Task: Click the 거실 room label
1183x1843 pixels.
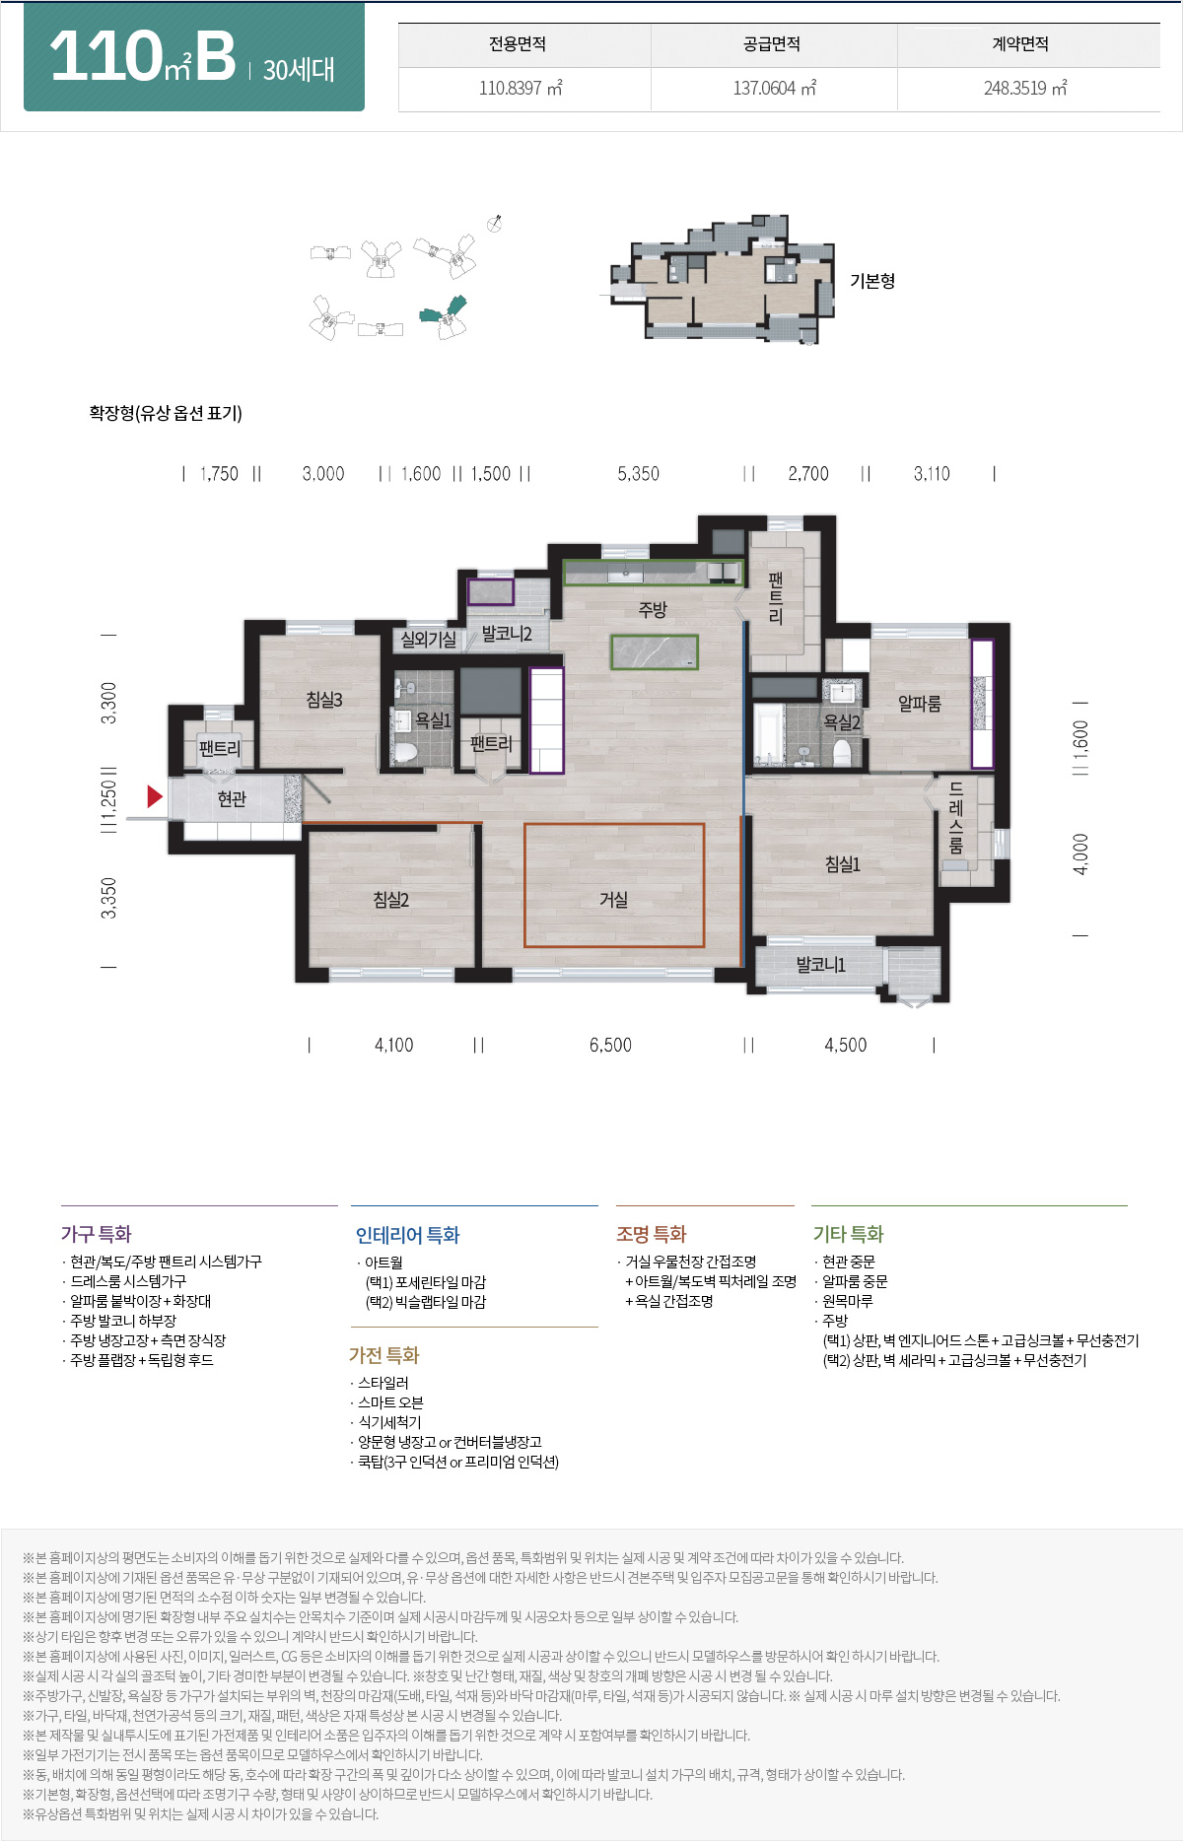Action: pyautogui.click(x=613, y=899)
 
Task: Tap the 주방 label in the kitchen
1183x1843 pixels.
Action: pyautogui.click(x=653, y=610)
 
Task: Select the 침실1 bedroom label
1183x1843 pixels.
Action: pyautogui.click(x=843, y=864)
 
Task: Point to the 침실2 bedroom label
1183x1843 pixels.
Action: pyautogui.click(x=390, y=899)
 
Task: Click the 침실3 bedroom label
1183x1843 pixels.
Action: pyautogui.click(x=324, y=700)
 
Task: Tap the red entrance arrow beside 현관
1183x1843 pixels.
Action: pyautogui.click(x=154, y=796)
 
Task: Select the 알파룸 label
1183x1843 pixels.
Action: pyautogui.click(x=919, y=704)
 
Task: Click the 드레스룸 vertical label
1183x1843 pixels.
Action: pyautogui.click(x=955, y=818)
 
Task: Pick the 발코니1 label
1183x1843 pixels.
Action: pyautogui.click(x=821, y=965)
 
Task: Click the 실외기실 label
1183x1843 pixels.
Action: pyautogui.click(x=428, y=640)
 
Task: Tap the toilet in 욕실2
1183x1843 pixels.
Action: pyautogui.click(x=842, y=753)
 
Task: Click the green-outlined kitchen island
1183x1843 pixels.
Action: pyautogui.click(x=655, y=652)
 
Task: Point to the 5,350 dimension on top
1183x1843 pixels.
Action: pyautogui.click(x=638, y=474)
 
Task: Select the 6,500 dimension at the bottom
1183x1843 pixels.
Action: pyautogui.click(x=610, y=1046)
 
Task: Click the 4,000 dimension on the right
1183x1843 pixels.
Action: pyautogui.click(x=1081, y=853)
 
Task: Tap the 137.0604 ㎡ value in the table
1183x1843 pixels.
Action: pyautogui.click(x=774, y=89)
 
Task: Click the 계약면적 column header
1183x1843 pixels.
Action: pyautogui.click(x=1020, y=44)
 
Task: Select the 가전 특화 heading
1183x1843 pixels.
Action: pyautogui.click(x=383, y=1355)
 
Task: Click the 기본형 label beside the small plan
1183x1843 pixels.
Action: pyautogui.click(x=872, y=281)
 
